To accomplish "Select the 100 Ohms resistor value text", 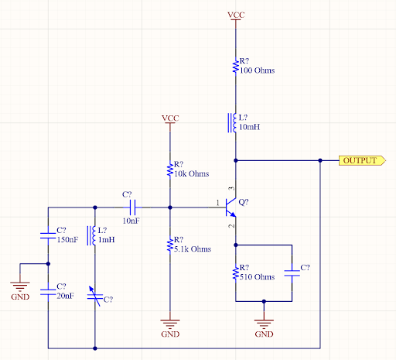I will click(x=258, y=70).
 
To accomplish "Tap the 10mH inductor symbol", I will click(x=233, y=122).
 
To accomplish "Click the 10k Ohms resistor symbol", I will click(x=170, y=169).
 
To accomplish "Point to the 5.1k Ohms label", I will click(x=193, y=249).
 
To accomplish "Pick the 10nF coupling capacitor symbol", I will click(x=132, y=207).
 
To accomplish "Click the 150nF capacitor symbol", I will click(x=48, y=235).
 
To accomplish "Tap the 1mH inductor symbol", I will click(x=94, y=235).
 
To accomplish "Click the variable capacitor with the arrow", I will click(x=94, y=293).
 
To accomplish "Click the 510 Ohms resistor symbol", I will click(x=234, y=272).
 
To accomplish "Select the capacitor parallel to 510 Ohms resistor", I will click(x=292, y=272).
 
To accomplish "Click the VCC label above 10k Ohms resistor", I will click(x=170, y=118).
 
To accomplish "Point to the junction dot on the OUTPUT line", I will click(x=319, y=160).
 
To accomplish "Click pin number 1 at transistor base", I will click(x=217, y=203).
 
